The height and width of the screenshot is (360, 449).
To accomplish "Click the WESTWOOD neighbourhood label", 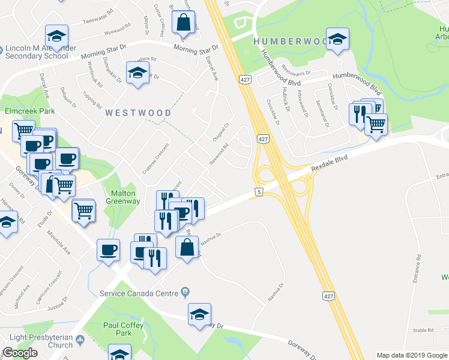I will tap(139, 112).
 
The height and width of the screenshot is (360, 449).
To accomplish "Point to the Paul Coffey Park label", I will tap(123, 329).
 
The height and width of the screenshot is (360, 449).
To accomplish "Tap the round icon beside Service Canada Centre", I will tap(185, 292).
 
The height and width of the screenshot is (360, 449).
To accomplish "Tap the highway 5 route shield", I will tap(259, 191).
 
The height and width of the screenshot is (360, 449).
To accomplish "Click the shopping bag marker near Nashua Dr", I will tap(187, 247).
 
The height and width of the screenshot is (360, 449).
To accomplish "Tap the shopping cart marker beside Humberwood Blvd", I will tap(376, 124).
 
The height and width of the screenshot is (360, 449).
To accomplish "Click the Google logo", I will tap(20, 353).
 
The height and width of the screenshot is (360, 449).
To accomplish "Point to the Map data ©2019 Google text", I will tap(412, 355).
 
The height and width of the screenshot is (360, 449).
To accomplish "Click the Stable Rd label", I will tap(423, 330).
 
